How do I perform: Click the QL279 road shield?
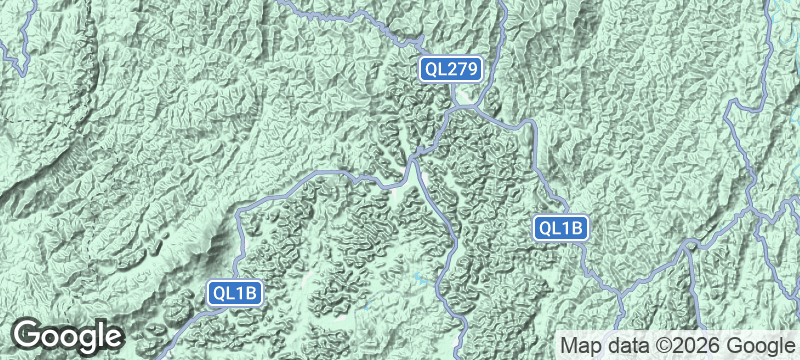pos(452,69)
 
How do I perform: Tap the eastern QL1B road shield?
pos(560,228)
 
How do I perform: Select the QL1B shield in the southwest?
pos(236,293)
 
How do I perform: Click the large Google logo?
pos(68,335)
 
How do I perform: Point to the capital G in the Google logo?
pos(30,334)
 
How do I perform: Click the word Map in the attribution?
pos(582,345)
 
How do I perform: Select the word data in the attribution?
pos(630,345)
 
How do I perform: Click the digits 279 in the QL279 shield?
pos(463,69)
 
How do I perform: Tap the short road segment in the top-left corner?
pos(20,50)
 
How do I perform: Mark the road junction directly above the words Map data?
pos(621,295)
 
